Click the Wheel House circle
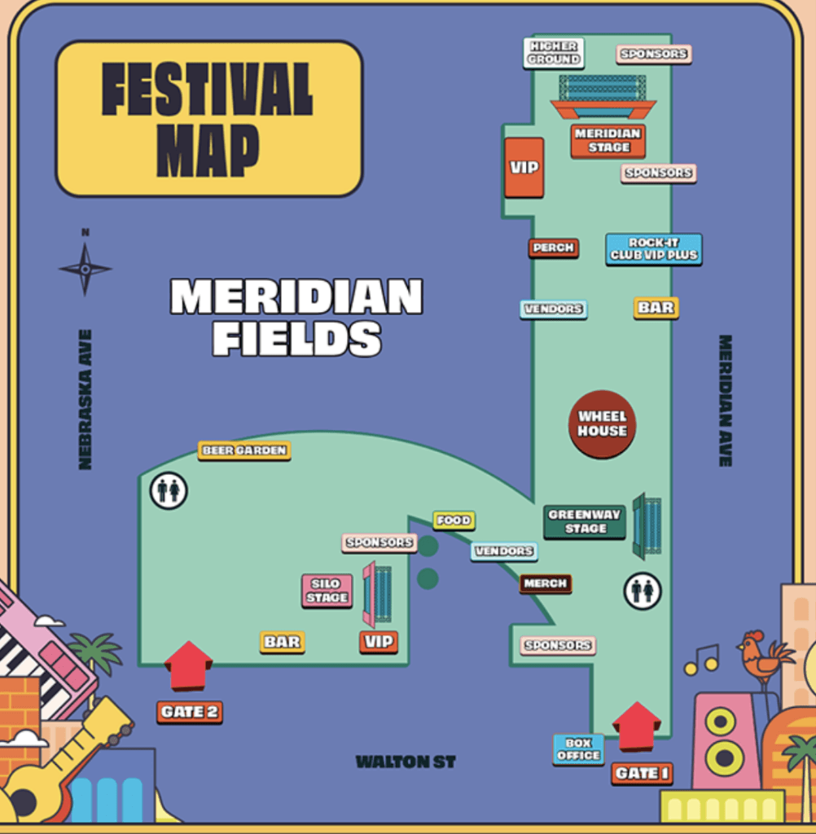pyautogui.click(x=602, y=424)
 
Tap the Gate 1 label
pyautogui.click(x=642, y=773)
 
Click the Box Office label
pyautogui.click(x=578, y=749)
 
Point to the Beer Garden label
pyautogui.click(x=244, y=450)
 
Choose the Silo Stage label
pyautogui.click(x=327, y=590)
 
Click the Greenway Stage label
pyautogui.click(x=584, y=521)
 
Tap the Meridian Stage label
pyautogui.click(x=608, y=140)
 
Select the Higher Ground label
pyautogui.click(x=554, y=53)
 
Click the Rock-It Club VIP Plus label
pyautogui.click(x=653, y=249)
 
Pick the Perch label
pyautogui.click(x=553, y=248)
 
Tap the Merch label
pyautogui.click(x=546, y=583)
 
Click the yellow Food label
pyautogui.click(x=454, y=520)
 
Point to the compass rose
pyautogui.click(x=85, y=268)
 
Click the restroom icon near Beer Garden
pyautogui.click(x=169, y=490)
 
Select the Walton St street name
pyautogui.click(x=406, y=762)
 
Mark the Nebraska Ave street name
pyautogui.click(x=85, y=399)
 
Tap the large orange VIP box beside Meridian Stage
pyautogui.click(x=524, y=167)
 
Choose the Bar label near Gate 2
pyautogui.click(x=282, y=642)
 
